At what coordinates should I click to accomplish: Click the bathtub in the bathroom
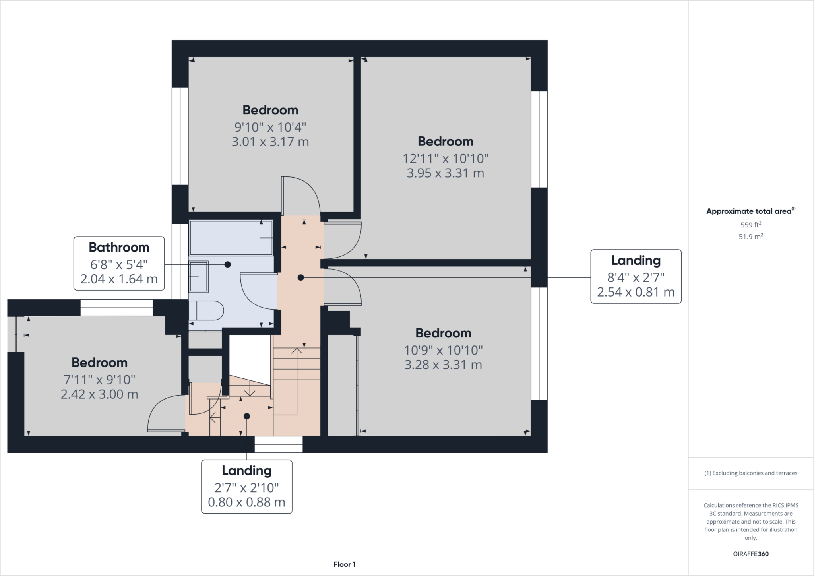point(231,238)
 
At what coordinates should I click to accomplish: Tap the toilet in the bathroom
point(207,310)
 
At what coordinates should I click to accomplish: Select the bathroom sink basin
point(198,277)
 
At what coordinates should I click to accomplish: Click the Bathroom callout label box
point(119,263)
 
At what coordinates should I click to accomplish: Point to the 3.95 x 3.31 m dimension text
point(445,173)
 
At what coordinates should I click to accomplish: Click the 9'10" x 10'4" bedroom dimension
point(270,127)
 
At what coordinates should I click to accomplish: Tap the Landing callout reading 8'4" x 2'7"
point(636,277)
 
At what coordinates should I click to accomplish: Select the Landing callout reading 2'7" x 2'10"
point(246,487)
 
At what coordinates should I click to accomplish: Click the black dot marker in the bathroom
point(228,264)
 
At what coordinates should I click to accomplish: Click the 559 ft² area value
point(751,225)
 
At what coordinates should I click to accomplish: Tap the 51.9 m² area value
point(751,237)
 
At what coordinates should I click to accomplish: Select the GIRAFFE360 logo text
point(751,554)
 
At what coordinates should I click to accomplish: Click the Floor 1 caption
point(344,564)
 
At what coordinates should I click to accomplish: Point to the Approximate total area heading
point(750,211)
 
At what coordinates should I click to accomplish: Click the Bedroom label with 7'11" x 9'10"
point(99,363)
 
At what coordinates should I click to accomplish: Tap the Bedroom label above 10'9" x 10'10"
point(443,333)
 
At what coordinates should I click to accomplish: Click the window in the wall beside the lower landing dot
point(278,444)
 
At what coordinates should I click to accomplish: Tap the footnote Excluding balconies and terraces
point(751,473)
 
